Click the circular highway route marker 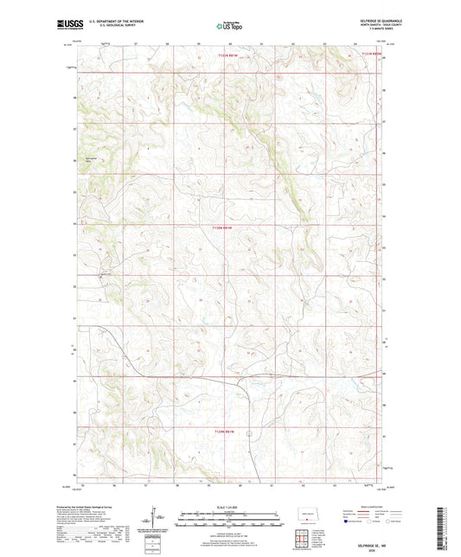[x=248, y=432]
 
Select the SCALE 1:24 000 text [x=229, y=507]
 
